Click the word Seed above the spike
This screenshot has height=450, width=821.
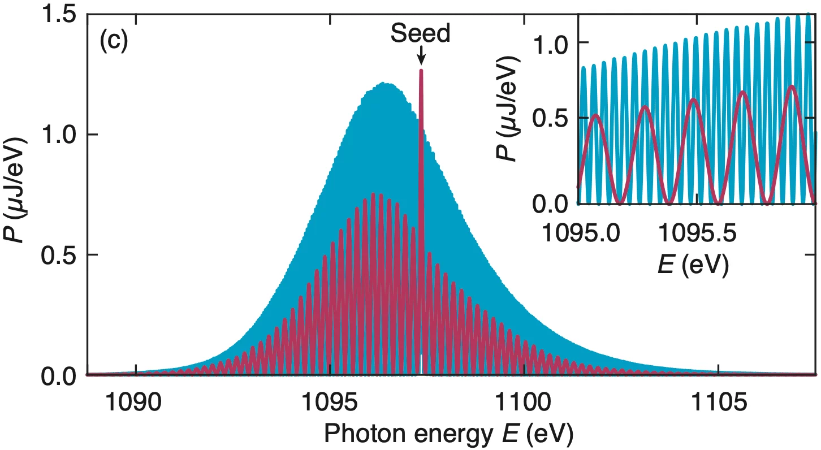pyautogui.click(x=421, y=34)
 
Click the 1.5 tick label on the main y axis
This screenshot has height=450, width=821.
pyautogui.click(x=59, y=15)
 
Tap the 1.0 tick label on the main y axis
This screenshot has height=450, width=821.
pyautogui.click(x=59, y=135)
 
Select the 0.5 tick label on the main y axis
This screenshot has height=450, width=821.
pyautogui.click(x=59, y=255)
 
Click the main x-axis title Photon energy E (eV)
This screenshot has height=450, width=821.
pyautogui.click(x=450, y=434)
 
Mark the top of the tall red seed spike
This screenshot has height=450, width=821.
pyautogui.click(x=421, y=71)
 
